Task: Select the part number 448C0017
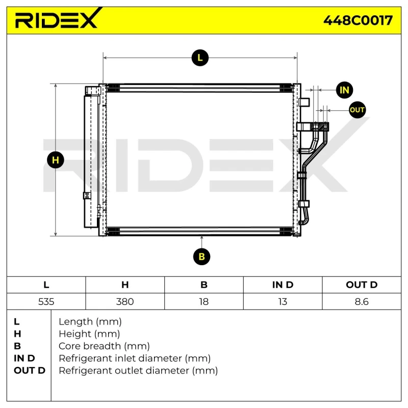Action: click(x=358, y=20)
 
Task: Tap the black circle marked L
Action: click(x=200, y=58)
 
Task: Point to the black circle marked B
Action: click(x=202, y=257)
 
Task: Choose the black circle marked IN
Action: click(x=345, y=90)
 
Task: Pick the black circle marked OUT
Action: click(x=357, y=110)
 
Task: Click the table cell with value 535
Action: click(x=46, y=301)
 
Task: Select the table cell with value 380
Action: click(x=125, y=301)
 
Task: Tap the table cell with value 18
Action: click(x=203, y=301)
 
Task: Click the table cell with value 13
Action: click(x=283, y=301)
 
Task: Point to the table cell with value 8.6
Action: click(x=361, y=301)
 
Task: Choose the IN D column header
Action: click(x=283, y=285)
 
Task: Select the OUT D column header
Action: click(x=361, y=285)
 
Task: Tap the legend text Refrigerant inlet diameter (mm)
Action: click(x=135, y=359)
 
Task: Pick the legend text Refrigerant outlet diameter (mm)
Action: click(x=138, y=371)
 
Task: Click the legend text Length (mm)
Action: click(x=90, y=322)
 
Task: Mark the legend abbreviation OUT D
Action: click(x=30, y=371)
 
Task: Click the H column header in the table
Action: click(x=125, y=285)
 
